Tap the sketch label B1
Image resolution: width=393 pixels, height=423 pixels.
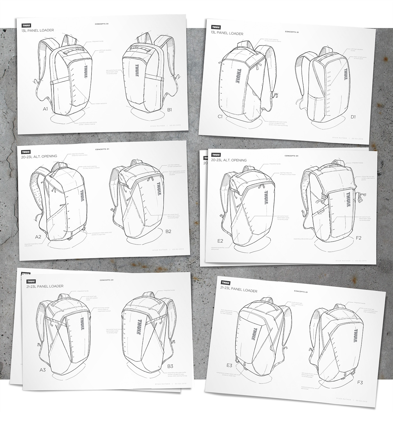(x=169, y=110)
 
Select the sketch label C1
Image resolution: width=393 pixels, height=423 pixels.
(x=220, y=117)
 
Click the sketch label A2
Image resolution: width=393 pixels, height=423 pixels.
(x=38, y=237)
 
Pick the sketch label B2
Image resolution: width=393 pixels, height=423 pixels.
(x=168, y=231)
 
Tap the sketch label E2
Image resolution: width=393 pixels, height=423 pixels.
(x=220, y=241)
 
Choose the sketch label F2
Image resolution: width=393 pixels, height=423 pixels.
(x=358, y=238)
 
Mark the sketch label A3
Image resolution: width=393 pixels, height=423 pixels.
(x=43, y=370)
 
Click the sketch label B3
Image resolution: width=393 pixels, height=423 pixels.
(x=170, y=366)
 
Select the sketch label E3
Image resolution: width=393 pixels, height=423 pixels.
(x=229, y=365)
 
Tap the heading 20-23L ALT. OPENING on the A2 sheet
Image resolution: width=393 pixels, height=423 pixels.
(x=39, y=156)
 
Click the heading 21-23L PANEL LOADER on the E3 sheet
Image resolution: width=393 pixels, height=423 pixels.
(x=239, y=290)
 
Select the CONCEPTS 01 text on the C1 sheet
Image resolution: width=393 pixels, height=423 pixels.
(x=292, y=32)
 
